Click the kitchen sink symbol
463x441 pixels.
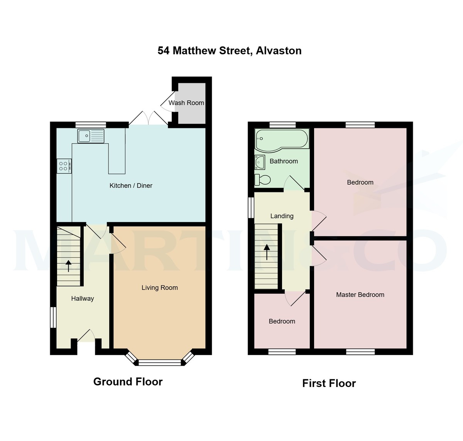(91, 136)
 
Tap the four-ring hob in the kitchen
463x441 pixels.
(64, 166)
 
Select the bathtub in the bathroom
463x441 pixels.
(282, 139)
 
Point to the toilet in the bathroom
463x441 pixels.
(262, 180)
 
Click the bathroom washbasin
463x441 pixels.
(259, 162)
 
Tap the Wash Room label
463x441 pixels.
(186, 103)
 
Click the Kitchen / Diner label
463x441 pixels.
(131, 185)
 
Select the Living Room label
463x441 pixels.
(159, 288)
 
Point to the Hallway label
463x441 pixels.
(82, 298)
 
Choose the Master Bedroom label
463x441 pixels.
(360, 295)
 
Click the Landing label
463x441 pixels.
(282, 216)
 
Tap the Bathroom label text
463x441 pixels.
(284, 161)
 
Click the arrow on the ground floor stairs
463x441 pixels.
(69, 266)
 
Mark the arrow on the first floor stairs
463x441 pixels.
(267, 252)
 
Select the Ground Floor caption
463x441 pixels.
(128, 382)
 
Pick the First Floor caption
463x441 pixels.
(329, 383)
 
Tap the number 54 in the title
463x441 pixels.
(164, 50)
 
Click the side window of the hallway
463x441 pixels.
(54, 317)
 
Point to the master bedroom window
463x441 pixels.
(360, 352)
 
